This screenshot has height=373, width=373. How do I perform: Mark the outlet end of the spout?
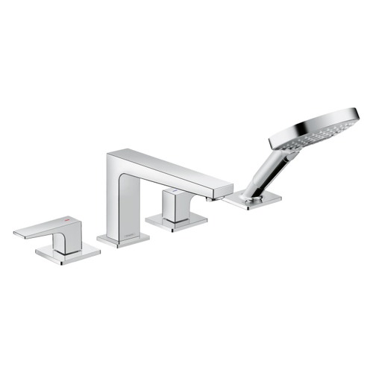pyautogui.click(x=222, y=192)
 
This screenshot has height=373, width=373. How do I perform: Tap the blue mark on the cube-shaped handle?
pyautogui.click(x=174, y=192)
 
